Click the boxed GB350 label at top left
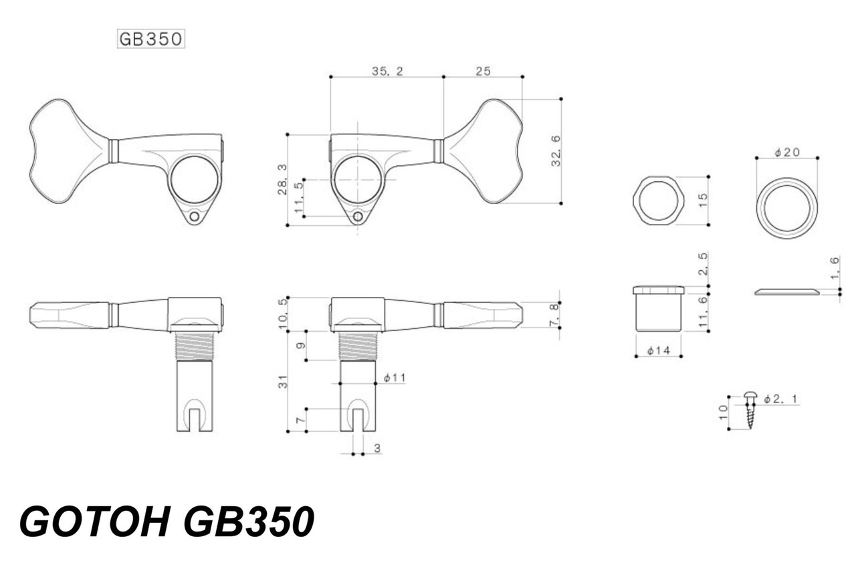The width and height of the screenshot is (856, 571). click(150, 39)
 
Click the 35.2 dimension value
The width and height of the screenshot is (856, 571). click(387, 72)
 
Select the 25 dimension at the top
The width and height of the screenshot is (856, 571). click(483, 72)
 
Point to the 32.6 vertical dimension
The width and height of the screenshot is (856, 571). click(556, 151)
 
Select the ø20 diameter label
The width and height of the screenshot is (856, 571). click(787, 152)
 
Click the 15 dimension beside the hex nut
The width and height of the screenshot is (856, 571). click(703, 201)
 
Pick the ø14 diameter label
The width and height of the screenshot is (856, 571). click(659, 350)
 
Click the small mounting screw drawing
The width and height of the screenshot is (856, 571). click(750, 410)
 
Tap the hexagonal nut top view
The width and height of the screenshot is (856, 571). click(658, 201)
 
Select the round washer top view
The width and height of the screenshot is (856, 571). click(786, 208)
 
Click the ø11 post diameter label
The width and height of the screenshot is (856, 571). click(395, 378)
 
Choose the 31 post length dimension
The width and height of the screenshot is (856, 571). click(283, 382)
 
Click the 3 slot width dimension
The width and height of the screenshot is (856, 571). click(377, 449)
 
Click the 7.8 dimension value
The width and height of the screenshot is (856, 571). click(554, 315)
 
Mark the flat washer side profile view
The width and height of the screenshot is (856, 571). click(786, 292)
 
